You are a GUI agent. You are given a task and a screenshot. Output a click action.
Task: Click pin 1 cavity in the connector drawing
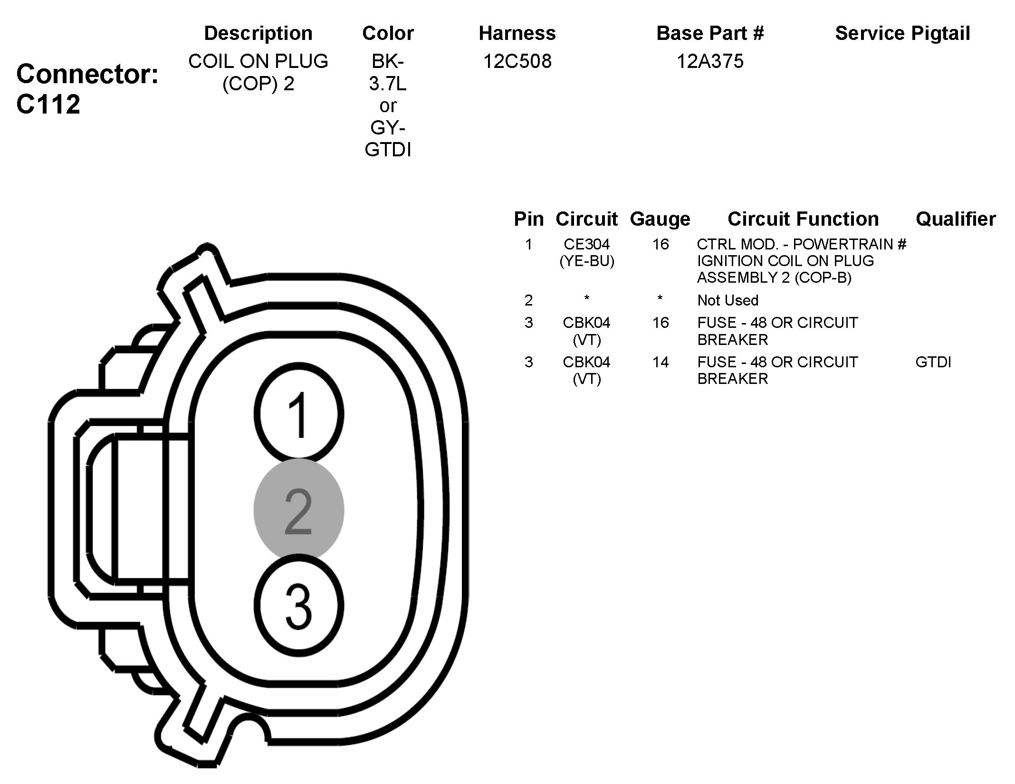(299, 412)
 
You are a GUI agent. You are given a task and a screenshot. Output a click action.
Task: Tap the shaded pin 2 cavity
(299, 509)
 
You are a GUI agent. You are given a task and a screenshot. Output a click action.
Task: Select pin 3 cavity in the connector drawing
(299, 606)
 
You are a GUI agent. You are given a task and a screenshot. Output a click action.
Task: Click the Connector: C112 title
(87, 89)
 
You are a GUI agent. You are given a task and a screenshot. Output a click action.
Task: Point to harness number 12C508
(517, 61)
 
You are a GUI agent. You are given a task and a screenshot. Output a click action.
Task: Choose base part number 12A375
(710, 61)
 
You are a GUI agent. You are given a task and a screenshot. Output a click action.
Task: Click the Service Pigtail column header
(902, 33)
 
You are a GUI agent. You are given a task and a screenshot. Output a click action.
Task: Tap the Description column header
(258, 33)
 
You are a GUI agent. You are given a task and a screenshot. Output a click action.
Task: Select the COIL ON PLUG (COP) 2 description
(258, 72)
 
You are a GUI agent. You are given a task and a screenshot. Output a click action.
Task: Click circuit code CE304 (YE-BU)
(587, 252)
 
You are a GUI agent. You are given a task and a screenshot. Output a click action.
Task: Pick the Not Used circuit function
(728, 300)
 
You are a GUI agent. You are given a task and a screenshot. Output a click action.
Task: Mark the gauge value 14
(660, 363)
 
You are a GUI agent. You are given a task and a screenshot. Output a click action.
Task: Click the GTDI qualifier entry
(933, 363)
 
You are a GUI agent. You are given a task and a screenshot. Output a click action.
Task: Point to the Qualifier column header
(956, 219)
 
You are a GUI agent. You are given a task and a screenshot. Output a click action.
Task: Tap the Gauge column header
(660, 219)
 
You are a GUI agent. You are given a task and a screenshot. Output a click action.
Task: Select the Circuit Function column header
(803, 219)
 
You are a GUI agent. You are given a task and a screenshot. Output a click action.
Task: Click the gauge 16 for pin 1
(660, 244)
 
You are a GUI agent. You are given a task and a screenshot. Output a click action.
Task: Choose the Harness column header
(517, 33)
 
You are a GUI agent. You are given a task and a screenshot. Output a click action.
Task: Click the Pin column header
(528, 219)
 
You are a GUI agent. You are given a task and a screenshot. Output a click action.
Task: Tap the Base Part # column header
(710, 33)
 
